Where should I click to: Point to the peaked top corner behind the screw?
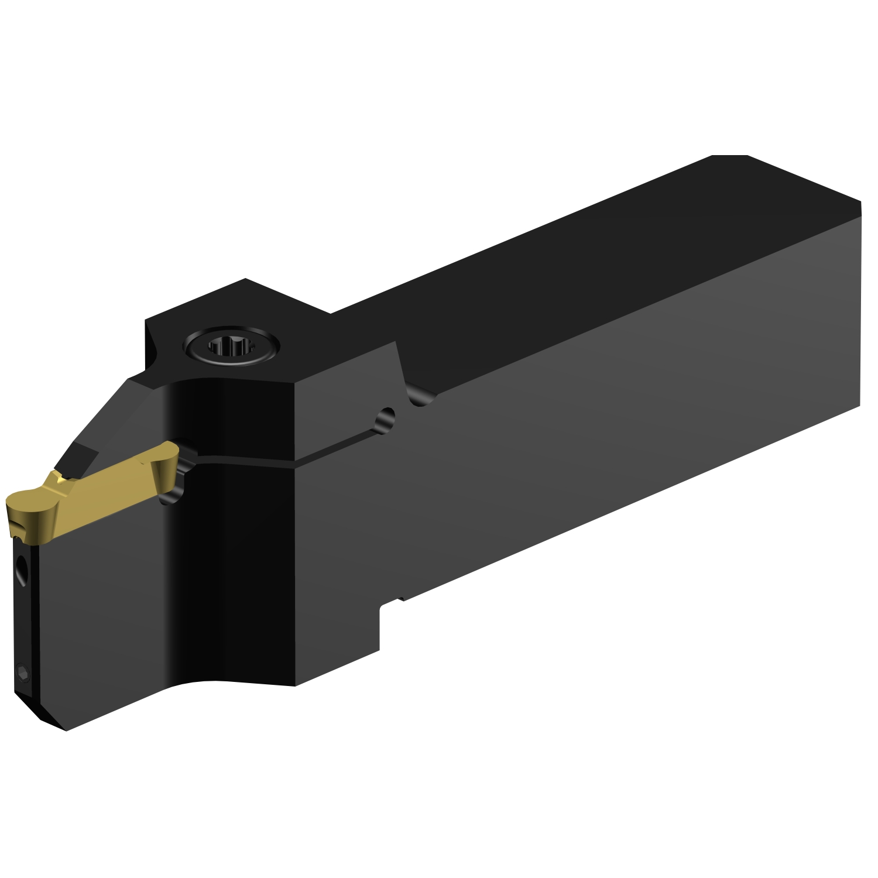(246, 284)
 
